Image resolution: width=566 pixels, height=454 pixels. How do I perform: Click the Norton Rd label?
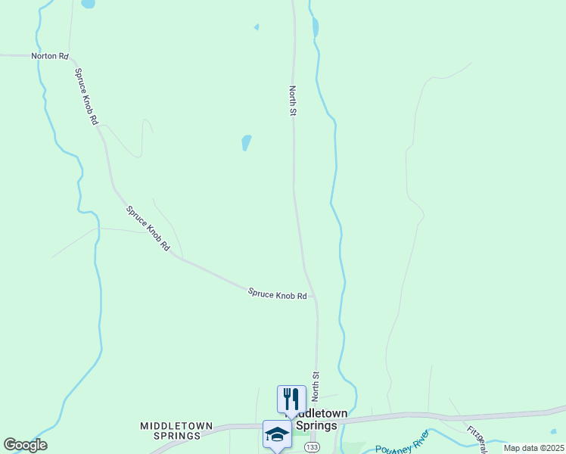tap(50, 57)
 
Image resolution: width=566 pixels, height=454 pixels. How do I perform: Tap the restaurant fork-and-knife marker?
tap(291, 398)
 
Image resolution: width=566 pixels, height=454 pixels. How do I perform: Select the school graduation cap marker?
tap(276, 434)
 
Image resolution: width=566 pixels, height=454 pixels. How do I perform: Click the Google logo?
tap(25, 445)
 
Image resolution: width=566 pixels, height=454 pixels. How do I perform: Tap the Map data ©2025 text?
tap(533, 448)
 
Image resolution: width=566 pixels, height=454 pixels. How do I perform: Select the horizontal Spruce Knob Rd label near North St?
tap(277, 294)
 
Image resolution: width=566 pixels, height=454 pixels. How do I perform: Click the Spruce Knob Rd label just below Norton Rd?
tap(86, 96)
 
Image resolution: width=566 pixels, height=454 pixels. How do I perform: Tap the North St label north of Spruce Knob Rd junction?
tap(292, 101)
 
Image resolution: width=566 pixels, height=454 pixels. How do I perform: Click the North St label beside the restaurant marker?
tap(315, 386)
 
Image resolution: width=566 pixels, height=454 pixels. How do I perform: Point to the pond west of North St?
tap(246, 142)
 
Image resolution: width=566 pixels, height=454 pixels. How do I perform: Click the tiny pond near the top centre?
tap(257, 27)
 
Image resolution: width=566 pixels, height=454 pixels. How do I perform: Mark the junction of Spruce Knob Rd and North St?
tap(316, 297)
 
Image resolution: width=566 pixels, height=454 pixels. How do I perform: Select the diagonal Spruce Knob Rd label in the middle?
tap(148, 229)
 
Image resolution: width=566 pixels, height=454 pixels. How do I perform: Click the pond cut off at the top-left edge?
tap(89, 4)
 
